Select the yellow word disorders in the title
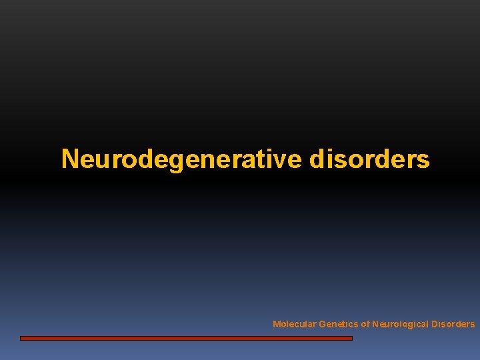pyautogui.click(x=369, y=159)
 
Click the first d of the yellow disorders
pyautogui.click(x=317, y=159)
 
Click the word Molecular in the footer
pyautogui.click(x=294, y=324)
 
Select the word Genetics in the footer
pyautogui.click(x=339, y=324)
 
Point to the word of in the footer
pyautogui.click(x=365, y=324)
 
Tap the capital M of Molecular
pyautogui.click(x=276, y=324)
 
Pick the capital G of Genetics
pyautogui.click(x=323, y=324)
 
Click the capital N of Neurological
pyautogui.click(x=375, y=324)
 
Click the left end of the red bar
pyautogui.click(x=22, y=338)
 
